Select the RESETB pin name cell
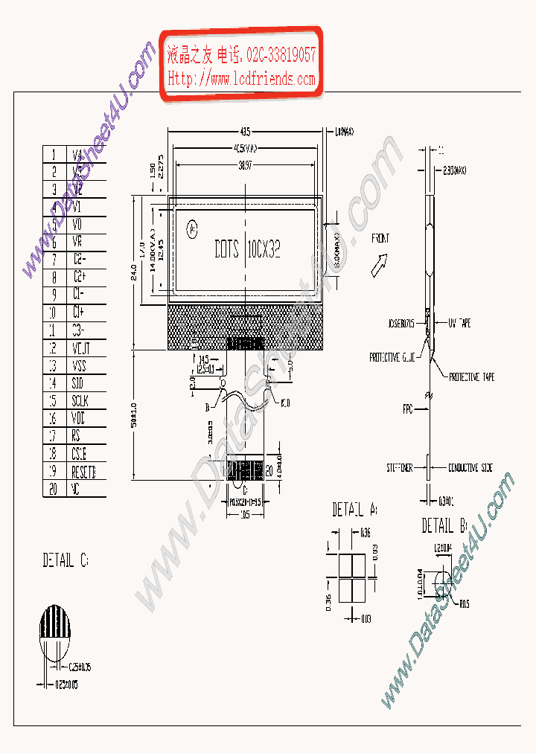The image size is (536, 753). point(84,472)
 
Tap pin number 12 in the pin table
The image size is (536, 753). point(52,347)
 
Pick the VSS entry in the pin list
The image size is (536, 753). point(78,365)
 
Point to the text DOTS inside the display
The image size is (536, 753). point(226,249)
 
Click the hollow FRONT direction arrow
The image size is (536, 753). point(379,263)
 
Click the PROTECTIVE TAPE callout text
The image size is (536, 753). point(471,377)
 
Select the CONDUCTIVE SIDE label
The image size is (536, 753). point(470,468)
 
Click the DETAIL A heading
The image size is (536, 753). point(354,510)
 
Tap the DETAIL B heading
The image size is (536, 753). point(444,526)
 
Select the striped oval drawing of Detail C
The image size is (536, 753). point(55,632)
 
